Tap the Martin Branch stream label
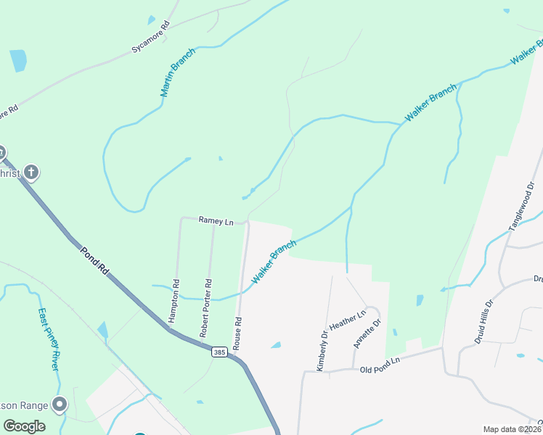178,72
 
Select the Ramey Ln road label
217,221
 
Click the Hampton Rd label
173,301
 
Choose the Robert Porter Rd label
205,308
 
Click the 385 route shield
220,352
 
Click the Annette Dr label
367,333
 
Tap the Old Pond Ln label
380,365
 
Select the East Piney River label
48,339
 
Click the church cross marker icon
30,172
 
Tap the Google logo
24,426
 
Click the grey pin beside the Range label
60,405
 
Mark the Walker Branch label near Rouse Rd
274,262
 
